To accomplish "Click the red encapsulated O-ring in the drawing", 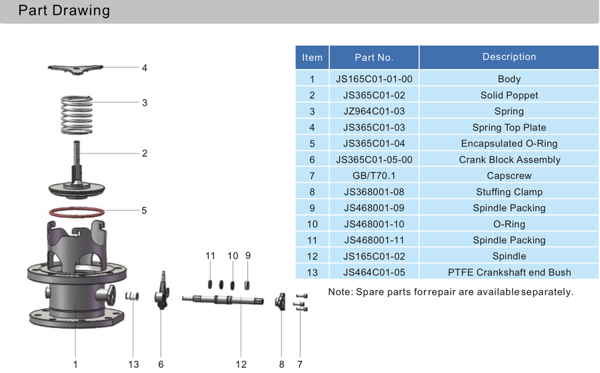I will pos(76,215).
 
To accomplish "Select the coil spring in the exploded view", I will pos(77,114).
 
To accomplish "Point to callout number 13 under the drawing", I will pos(133,364).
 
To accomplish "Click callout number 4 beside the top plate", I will pos(144,68).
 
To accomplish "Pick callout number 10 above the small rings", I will pos(232,256).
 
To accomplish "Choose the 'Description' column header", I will pos(509,57).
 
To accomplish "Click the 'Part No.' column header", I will pos(374,58).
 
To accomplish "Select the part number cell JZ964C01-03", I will pos(374,111).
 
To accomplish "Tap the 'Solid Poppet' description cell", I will pos(509,95).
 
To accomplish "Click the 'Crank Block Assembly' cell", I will pos(509,160).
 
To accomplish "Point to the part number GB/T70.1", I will pos(374,176).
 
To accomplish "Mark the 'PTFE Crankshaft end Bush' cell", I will pos(509,272).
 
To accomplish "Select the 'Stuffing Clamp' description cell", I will pos(509,192).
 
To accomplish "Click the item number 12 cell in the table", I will pos(312,256).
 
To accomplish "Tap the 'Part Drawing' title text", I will pos(64,11).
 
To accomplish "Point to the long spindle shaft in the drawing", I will pos(224,299).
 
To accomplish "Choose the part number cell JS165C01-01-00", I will pos(374,79).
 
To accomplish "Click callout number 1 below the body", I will pos(75,364).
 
